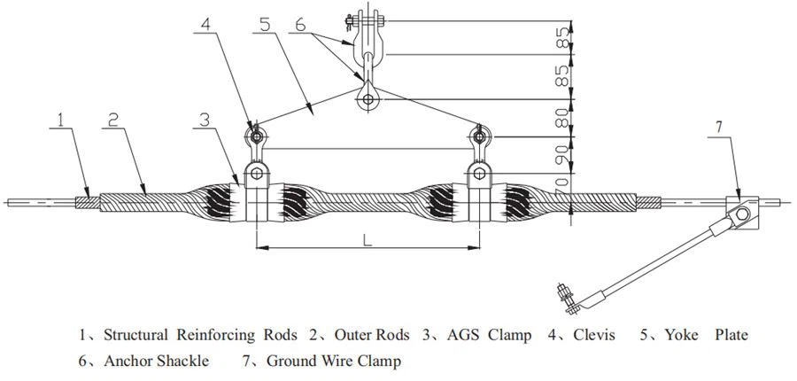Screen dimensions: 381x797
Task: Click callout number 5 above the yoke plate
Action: tap(266, 26)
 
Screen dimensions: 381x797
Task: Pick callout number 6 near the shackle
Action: tap(302, 26)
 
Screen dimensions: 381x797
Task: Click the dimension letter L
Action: tap(368, 238)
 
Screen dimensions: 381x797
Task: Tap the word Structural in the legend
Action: tap(135, 335)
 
